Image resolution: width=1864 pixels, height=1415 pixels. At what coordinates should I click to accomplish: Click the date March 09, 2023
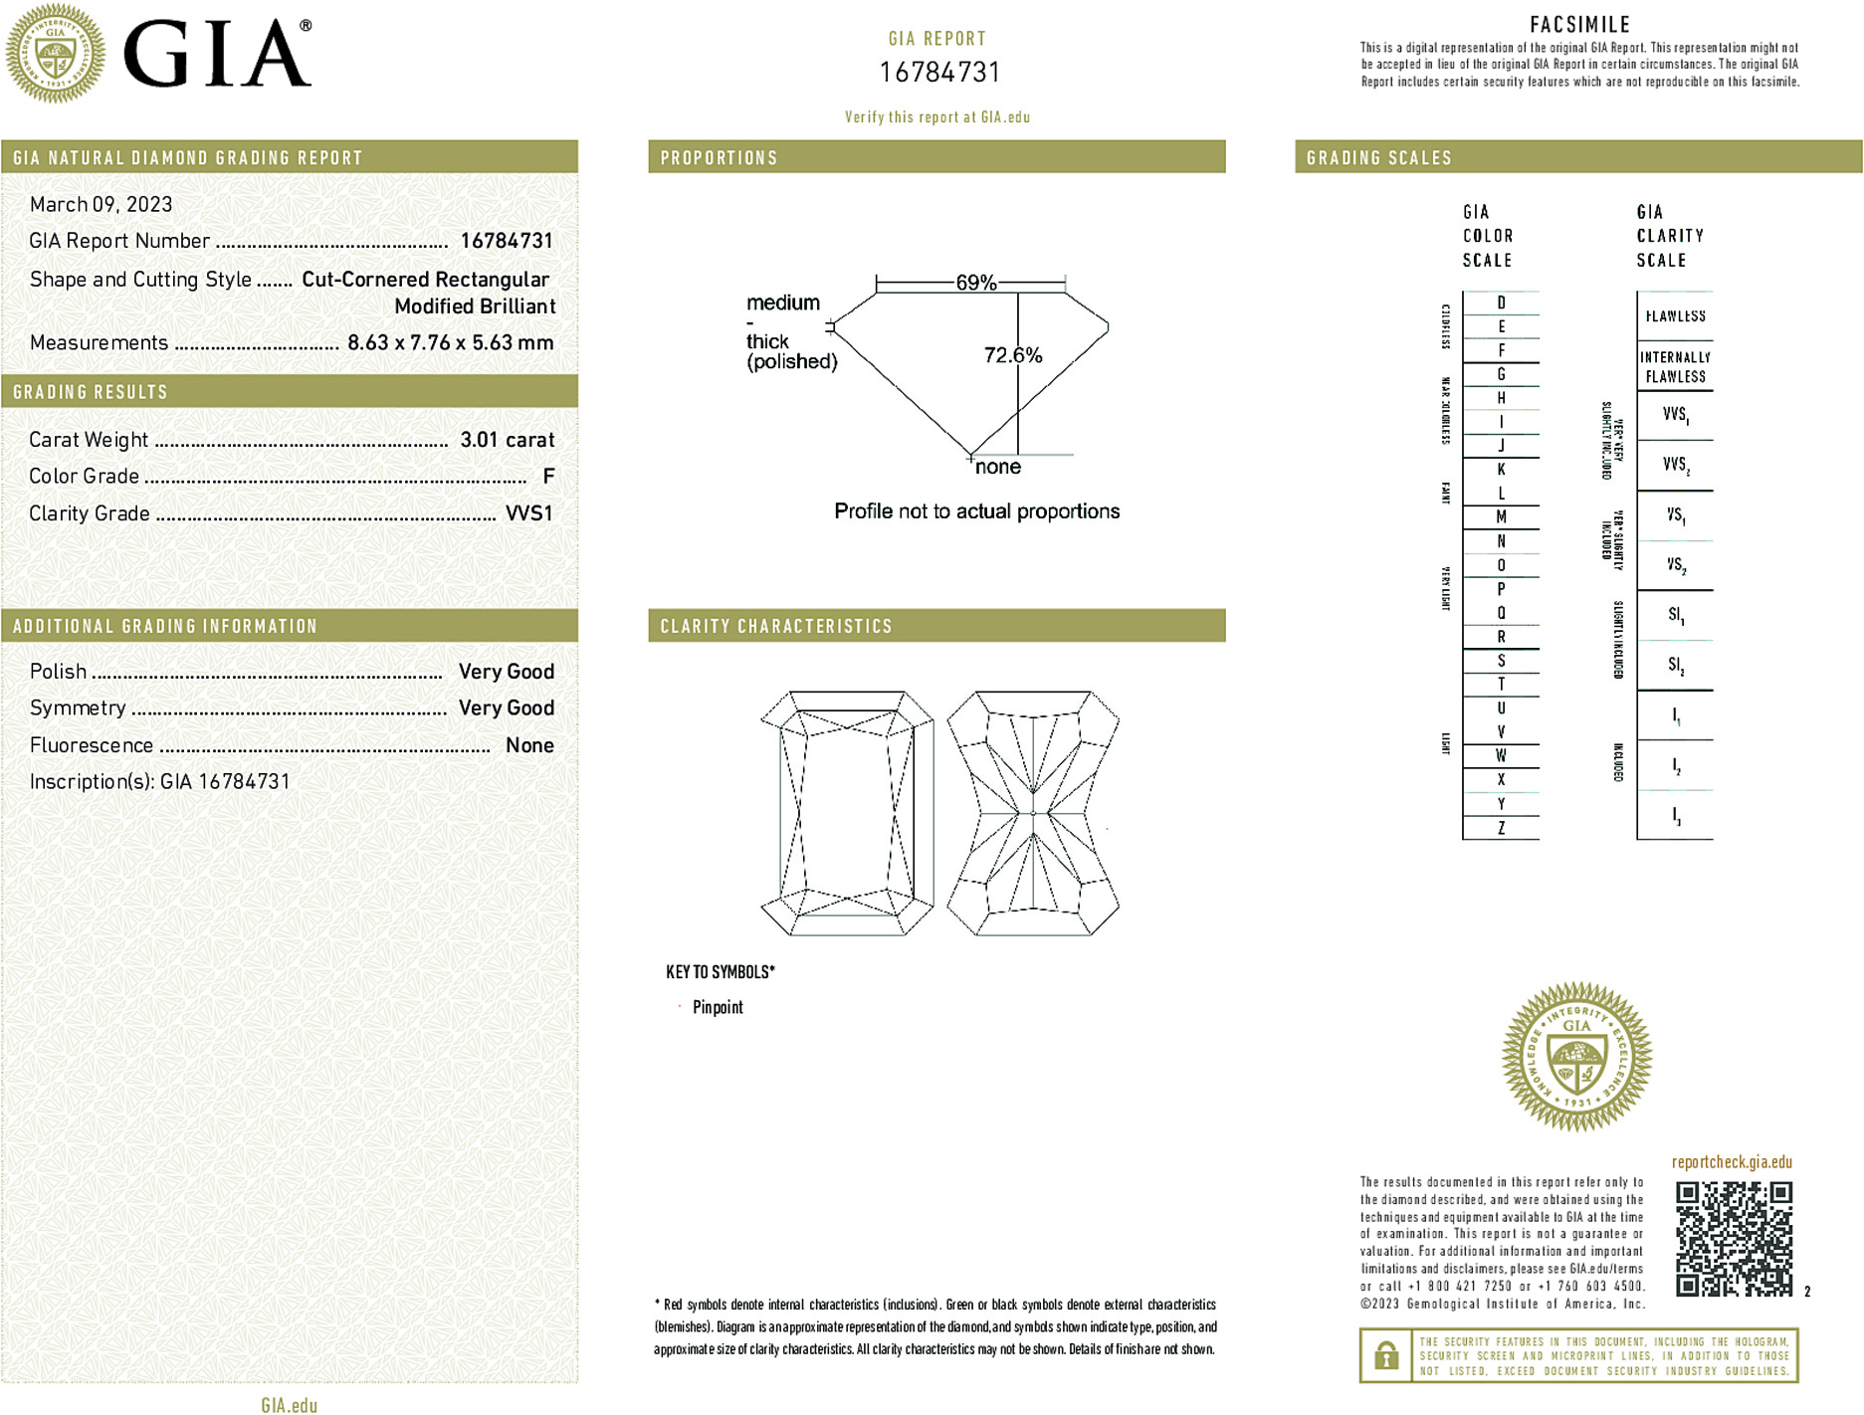coord(101,204)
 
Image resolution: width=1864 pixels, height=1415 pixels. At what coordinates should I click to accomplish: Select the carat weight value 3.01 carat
coord(507,440)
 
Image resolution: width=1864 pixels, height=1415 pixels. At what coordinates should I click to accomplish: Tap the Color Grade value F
coord(548,477)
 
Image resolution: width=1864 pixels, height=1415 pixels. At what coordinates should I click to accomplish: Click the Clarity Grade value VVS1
coord(528,513)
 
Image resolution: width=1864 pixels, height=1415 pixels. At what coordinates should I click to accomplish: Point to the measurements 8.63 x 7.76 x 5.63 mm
coord(450,342)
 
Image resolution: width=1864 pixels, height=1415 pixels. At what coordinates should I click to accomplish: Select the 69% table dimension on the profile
coord(975,283)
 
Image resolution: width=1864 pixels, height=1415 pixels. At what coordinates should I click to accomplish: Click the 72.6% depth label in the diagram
coord(1012,355)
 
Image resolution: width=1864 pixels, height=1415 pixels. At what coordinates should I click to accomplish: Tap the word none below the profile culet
coord(997,467)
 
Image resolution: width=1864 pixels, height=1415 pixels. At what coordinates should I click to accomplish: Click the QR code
coord(1734,1239)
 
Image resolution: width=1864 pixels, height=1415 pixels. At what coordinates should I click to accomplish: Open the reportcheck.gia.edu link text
coord(1732,1162)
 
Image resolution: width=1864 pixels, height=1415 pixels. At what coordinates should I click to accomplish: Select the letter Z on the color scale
coord(1501,828)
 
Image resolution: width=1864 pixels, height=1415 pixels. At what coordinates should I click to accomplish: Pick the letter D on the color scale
coord(1501,303)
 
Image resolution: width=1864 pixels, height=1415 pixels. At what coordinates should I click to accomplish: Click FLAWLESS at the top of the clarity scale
coord(1675,316)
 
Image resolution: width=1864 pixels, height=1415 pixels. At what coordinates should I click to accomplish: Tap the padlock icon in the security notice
coord(1385,1355)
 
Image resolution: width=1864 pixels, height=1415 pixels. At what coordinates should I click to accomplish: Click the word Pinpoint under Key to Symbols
coord(718,1007)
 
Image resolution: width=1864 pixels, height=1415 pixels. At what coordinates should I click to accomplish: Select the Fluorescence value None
coord(529,745)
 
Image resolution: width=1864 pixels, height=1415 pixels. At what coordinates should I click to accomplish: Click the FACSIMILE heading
coord(1579,25)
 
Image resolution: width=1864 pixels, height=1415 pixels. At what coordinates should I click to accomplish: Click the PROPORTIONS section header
coord(719,158)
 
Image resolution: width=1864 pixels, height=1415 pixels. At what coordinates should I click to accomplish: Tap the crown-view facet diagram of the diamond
coord(847,813)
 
